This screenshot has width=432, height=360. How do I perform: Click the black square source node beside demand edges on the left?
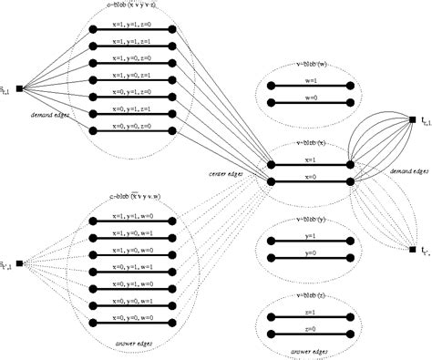click(x=19, y=88)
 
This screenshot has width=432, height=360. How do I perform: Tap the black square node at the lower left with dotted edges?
click(x=19, y=242)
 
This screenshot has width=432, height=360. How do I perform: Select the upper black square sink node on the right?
click(x=413, y=120)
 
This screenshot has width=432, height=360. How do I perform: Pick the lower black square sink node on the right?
click(x=413, y=249)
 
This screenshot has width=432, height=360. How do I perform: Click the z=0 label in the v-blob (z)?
click(x=311, y=327)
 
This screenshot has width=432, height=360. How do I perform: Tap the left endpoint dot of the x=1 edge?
click(x=271, y=164)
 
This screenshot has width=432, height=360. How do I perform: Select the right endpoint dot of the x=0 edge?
click(x=351, y=181)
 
